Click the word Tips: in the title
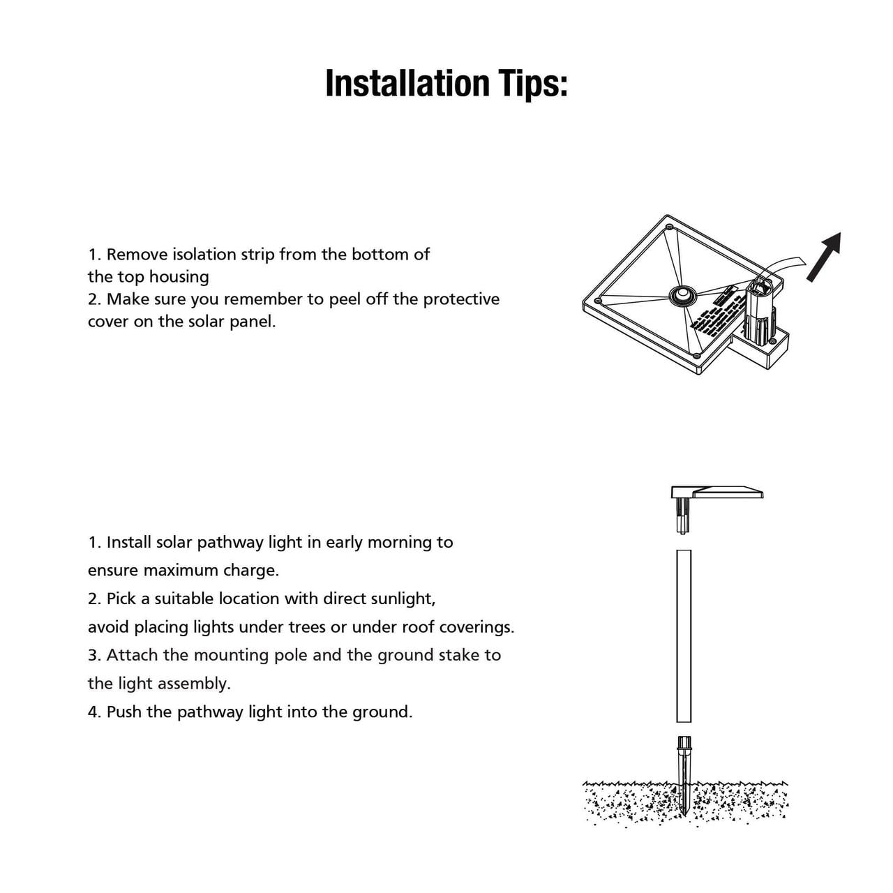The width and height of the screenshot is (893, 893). point(532,84)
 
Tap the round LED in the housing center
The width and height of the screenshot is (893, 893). point(682,295)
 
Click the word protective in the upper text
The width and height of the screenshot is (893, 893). point(461,299)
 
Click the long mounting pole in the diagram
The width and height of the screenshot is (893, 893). point(684,636)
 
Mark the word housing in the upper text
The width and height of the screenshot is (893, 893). point(179,277)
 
